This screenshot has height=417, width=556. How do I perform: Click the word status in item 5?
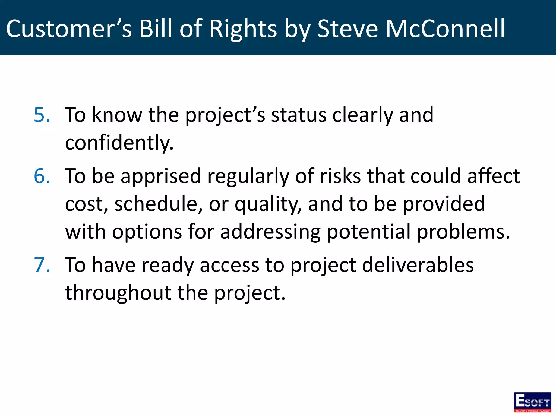pyautogui.click(x=298, y=115)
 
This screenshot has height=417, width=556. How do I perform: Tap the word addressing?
pyautogui.click(x=270, y=232)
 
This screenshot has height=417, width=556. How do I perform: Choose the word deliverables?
pyautogui.click(x=418, y=265)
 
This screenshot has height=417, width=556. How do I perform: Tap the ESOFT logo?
pyautogui.click(x=532, y=402)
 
